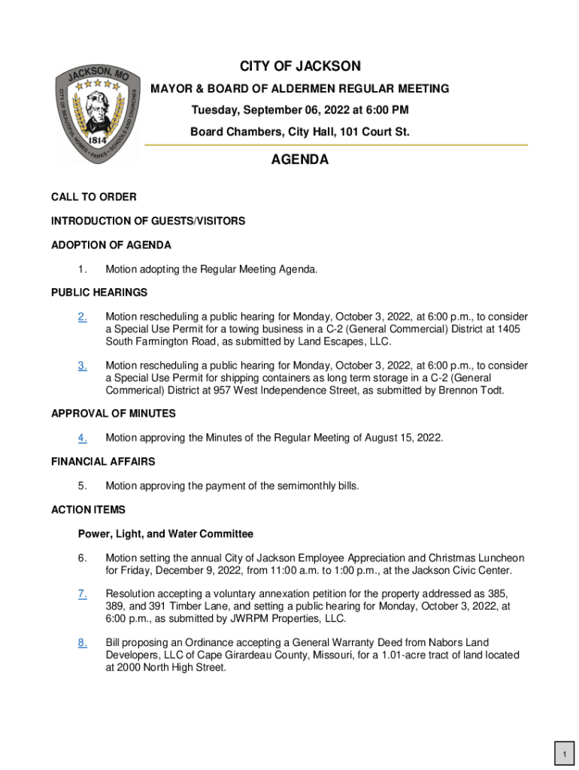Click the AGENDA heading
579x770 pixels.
(299, 160)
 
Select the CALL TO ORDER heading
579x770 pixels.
(94, 197)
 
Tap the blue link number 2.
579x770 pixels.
(82, 317)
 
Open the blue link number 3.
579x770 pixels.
(82, 366)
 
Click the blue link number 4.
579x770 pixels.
(82, 438)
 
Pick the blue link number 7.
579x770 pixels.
(82, 595)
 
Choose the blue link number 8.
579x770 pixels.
(82, 643)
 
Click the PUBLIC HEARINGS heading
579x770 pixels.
(99, 293)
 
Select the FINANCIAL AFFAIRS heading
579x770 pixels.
(103, 462)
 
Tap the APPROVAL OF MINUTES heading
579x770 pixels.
(114, 414)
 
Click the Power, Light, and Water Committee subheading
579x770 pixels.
(165, 534)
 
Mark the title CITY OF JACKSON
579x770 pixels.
(300, 67)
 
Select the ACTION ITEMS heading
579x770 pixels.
(88, 510)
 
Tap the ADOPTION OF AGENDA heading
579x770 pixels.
(111, 245)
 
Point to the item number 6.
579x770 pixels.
(82, 558)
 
